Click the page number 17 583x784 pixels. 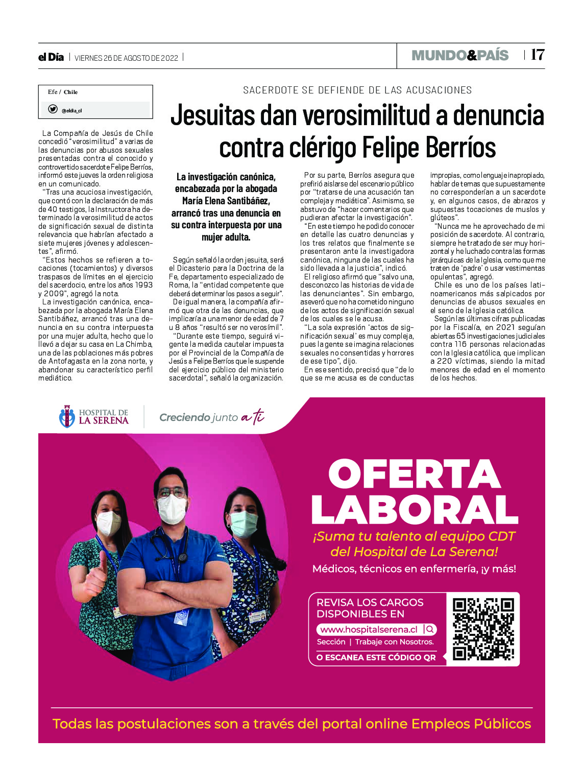(538, 55)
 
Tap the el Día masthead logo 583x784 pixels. (51, 57)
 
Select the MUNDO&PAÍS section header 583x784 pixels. (460, 55)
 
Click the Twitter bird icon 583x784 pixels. (53, 109)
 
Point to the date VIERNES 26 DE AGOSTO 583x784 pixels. (126, 58)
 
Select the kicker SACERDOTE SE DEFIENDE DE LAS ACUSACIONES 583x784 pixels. (357, 90)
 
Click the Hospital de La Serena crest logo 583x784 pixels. (66, 417)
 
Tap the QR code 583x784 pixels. (483, 629)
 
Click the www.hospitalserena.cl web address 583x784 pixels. (369, 629)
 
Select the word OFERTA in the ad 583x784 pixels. (415, 474)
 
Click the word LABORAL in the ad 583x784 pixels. (415, 510)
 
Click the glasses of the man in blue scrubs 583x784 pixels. (172, 492)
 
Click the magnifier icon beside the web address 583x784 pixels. (430, 629)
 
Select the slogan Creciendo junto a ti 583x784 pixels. (211, 417)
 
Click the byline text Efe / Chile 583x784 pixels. (63, 92)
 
